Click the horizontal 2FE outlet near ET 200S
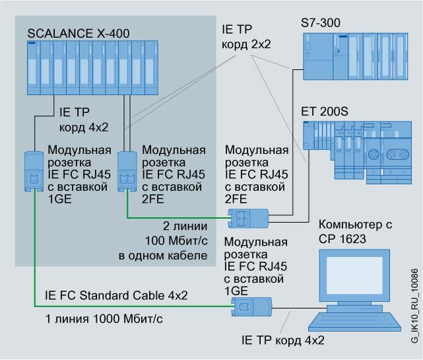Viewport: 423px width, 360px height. [x=247, y=217]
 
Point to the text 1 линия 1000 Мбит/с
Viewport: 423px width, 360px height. [x=94, y=320]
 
